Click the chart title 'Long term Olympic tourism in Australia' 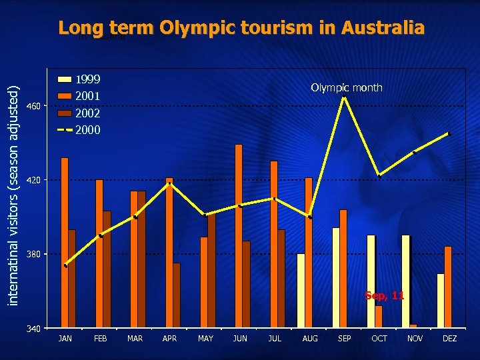pos(241,28)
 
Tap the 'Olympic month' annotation pos(347,87)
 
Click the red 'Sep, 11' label pos(384,295)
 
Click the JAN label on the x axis pos(65,339)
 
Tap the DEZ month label pos(450,339)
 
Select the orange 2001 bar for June pos(239,236)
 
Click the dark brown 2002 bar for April pos(177,295)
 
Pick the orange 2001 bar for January pos(65,243)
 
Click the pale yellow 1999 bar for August pos(301,291)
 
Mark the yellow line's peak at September pos(344,97)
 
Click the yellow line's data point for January pos(65,266)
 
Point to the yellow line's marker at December pos(449,134)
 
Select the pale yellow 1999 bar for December pos(441,301)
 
